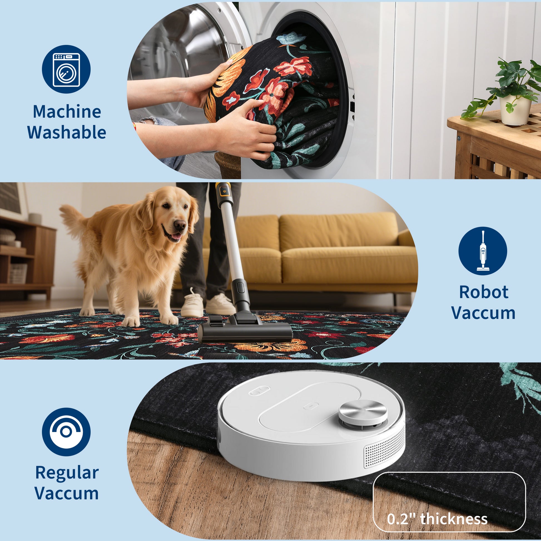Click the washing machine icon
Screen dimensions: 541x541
(66, 70)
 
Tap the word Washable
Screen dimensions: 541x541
(67, 132)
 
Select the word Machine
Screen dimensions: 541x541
(67, 111)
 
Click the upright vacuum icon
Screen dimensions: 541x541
(483, 251)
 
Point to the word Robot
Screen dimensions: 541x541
(484, 292)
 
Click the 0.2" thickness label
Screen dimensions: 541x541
(437, 518)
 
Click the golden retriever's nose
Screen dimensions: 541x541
(180, 225)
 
